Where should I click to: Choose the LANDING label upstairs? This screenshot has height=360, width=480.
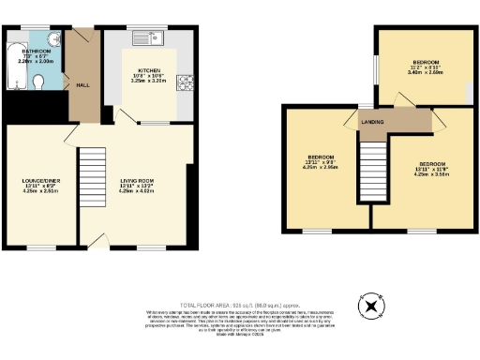pyautogui.click(x=373, y=121)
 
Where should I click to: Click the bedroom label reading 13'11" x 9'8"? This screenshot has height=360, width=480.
pyautogui.click(x=322, y=160)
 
